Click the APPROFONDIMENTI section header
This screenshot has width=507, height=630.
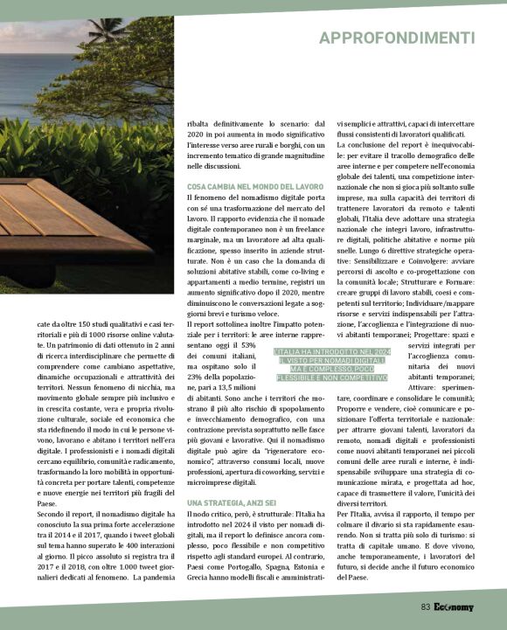[x=396, y=38]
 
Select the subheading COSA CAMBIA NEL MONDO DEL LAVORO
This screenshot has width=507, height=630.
[x=255, y=187]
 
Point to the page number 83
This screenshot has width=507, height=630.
[x=425, y=606]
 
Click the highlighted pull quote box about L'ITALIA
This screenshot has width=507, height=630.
[x=331, y=364]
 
